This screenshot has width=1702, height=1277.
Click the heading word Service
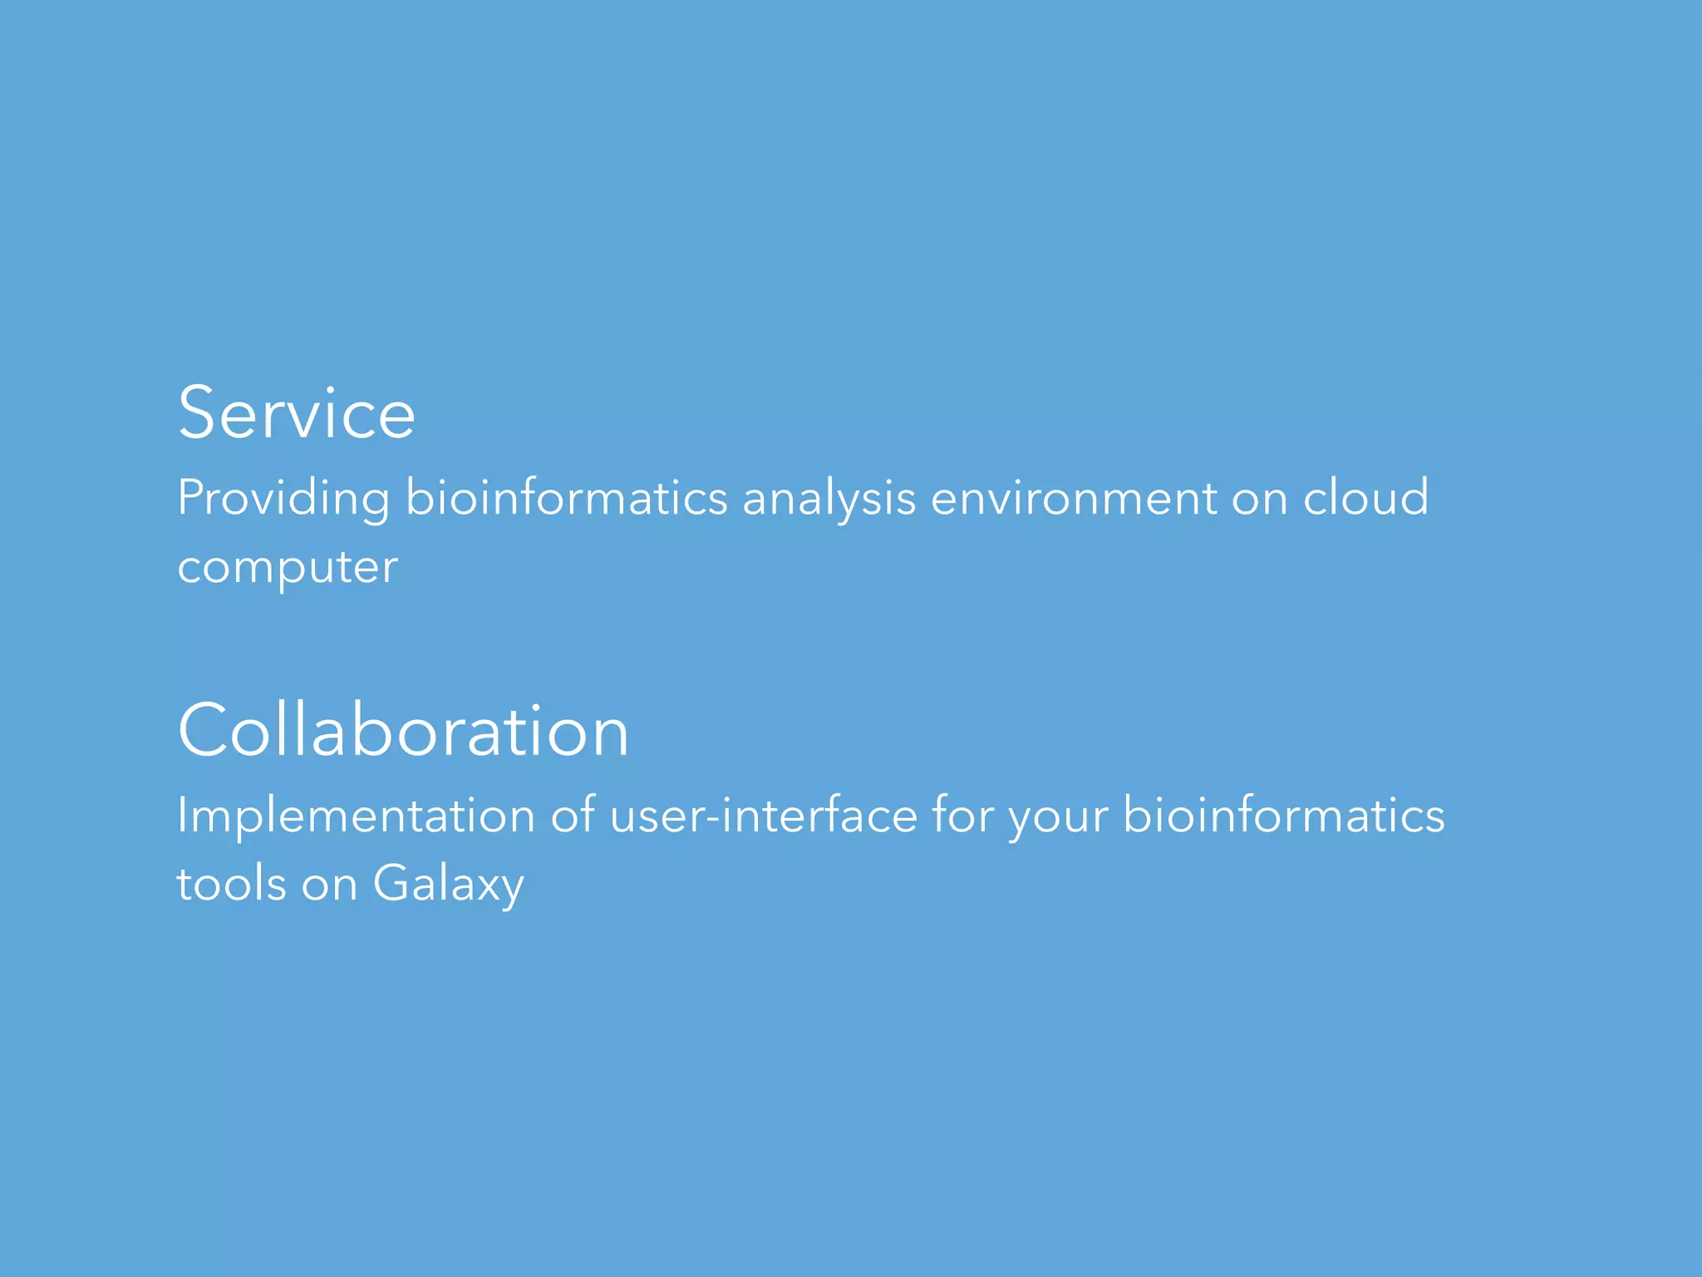297,413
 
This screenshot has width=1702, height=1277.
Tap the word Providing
283,499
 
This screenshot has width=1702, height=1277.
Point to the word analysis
829,499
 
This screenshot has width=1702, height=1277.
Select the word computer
288,568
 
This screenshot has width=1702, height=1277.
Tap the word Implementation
356,816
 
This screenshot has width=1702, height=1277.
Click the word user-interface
763,815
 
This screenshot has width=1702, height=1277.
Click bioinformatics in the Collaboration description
1283,815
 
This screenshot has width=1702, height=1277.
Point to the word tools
232,883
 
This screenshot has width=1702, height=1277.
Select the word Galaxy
448,885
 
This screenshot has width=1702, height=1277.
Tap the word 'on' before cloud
1259,499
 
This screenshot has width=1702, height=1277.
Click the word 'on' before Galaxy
329,885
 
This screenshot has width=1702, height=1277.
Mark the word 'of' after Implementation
573,815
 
